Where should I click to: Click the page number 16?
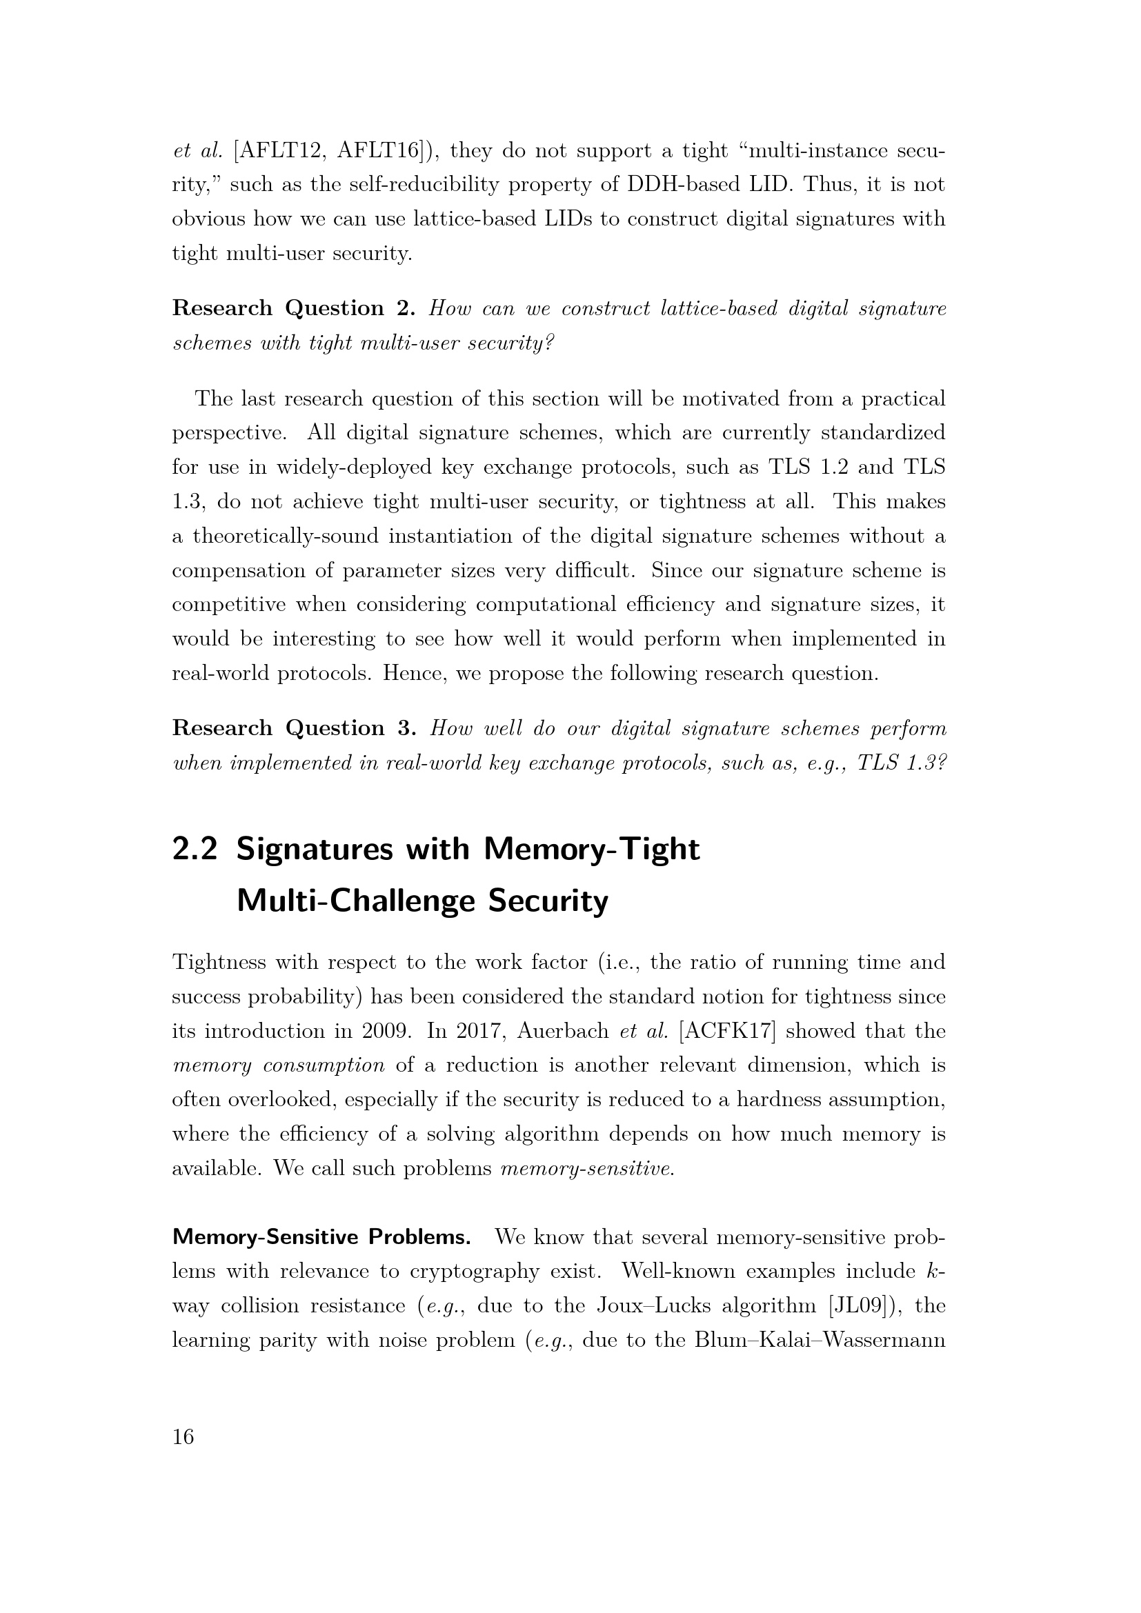[x=183, y=1437]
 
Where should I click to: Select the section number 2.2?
[x=195, y=850]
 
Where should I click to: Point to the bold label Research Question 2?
[x=295, y=308]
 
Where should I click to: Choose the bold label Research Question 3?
[x=295, y=728]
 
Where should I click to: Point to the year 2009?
[x=386, y=1031]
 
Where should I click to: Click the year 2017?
[x=479, y=1031]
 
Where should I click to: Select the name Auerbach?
[x=564, y=1031]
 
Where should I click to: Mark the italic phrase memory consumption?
[x=278, y=1065]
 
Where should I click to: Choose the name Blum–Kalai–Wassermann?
[x=820, y=1341]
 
